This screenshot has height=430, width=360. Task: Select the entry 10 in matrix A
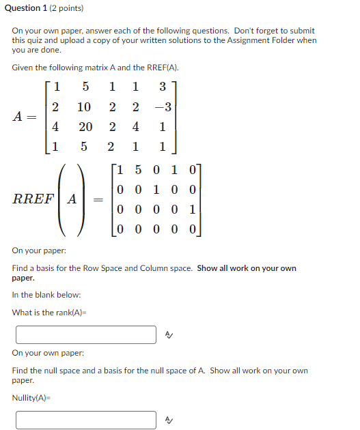coord(84,107)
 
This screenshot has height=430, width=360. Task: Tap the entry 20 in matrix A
coord(84,127)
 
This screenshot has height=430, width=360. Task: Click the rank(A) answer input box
coord(86,335)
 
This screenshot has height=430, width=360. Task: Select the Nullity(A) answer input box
coord(86,419)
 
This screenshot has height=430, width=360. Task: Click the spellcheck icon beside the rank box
coord(169,335)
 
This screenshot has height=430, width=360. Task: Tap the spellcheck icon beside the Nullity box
coord(169,419)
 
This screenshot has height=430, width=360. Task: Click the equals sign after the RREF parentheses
coord(98,200)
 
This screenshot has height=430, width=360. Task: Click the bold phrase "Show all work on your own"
coord(247,268)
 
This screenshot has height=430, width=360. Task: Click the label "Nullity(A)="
coord(32,397)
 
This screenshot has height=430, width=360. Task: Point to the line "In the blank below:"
coord(46,295)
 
